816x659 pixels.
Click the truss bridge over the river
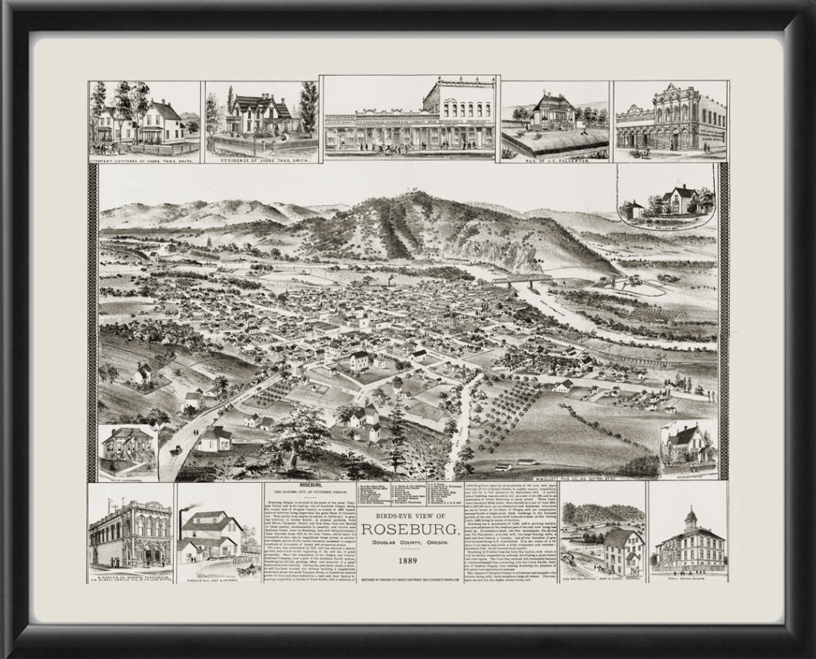(522, 280)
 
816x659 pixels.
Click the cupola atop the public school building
(690, 515)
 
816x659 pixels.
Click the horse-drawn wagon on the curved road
(175, 451)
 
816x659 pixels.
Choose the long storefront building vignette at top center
(410, 116)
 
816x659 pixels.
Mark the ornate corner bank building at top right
(670, 118)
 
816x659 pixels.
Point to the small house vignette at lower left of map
(127, 450)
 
